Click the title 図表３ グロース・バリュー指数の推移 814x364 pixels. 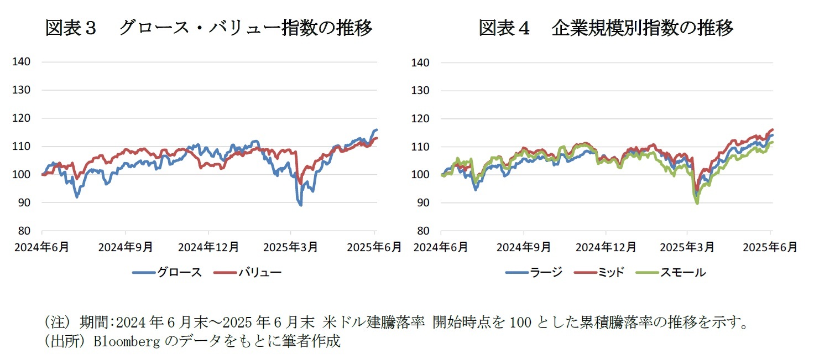208,28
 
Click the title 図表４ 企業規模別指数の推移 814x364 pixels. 606,28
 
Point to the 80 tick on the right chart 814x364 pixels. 422,231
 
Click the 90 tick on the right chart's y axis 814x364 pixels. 422,202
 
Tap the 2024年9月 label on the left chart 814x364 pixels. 125,247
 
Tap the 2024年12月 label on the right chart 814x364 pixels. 605,247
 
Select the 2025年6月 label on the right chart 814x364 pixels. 770,247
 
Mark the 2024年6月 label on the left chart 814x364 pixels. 42,247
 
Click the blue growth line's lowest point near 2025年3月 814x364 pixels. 300,205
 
